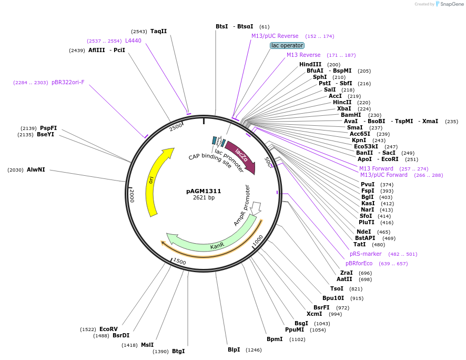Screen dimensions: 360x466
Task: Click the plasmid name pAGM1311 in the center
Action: click(x=204, y=191)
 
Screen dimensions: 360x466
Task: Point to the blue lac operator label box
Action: click(x=287, y=45)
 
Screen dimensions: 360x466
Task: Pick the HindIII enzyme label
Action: click(x=310, y=64)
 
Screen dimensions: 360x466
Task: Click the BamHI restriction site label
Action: click(x=351, y=115)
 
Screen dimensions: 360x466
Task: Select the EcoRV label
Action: click(x=108, y=329)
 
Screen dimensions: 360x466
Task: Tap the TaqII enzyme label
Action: click(x=158, y=31)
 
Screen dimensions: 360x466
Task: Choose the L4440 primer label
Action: click(x=133, y=41)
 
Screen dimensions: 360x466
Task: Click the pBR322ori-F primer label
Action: click(x=68, y=82)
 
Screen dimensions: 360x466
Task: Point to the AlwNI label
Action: click(x=36, y=169)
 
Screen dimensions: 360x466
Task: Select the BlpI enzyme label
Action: click(x=234, y=349)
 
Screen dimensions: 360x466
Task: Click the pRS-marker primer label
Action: click(x=366, y=254)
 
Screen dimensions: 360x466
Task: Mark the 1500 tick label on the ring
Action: click(x=179, y=262)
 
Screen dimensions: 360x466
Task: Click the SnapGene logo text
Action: click(x=451, y=4)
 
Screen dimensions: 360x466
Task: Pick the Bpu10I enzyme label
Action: click(x=333, y=298)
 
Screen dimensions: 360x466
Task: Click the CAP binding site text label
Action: click(x=210, y=161)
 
